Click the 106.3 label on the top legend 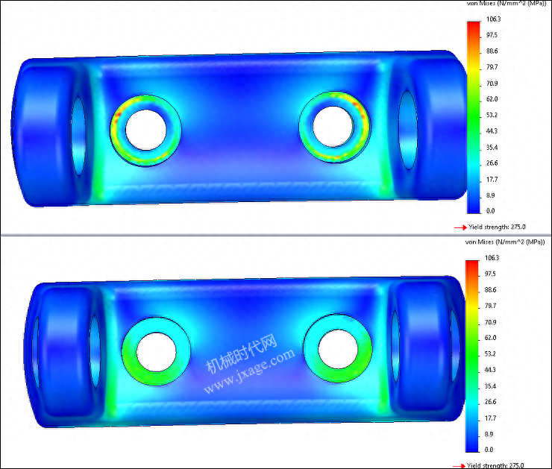pos(493,19)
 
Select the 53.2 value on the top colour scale pos(492,115)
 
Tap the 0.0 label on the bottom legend pos(489,450)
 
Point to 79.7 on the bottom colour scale pos(490,306)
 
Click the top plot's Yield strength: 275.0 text pos(497,227)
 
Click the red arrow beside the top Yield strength pos(460,227)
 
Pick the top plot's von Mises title pos(506,3)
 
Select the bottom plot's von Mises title pos(505,242)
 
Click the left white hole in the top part pos(145,130)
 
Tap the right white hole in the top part pos(333,126)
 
